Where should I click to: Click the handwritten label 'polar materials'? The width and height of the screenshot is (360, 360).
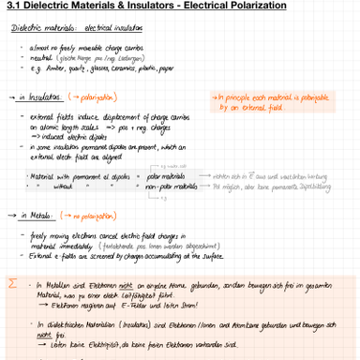click(166, 176)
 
